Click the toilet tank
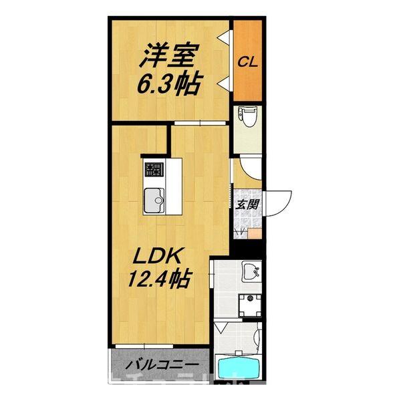(x=248, y=111)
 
